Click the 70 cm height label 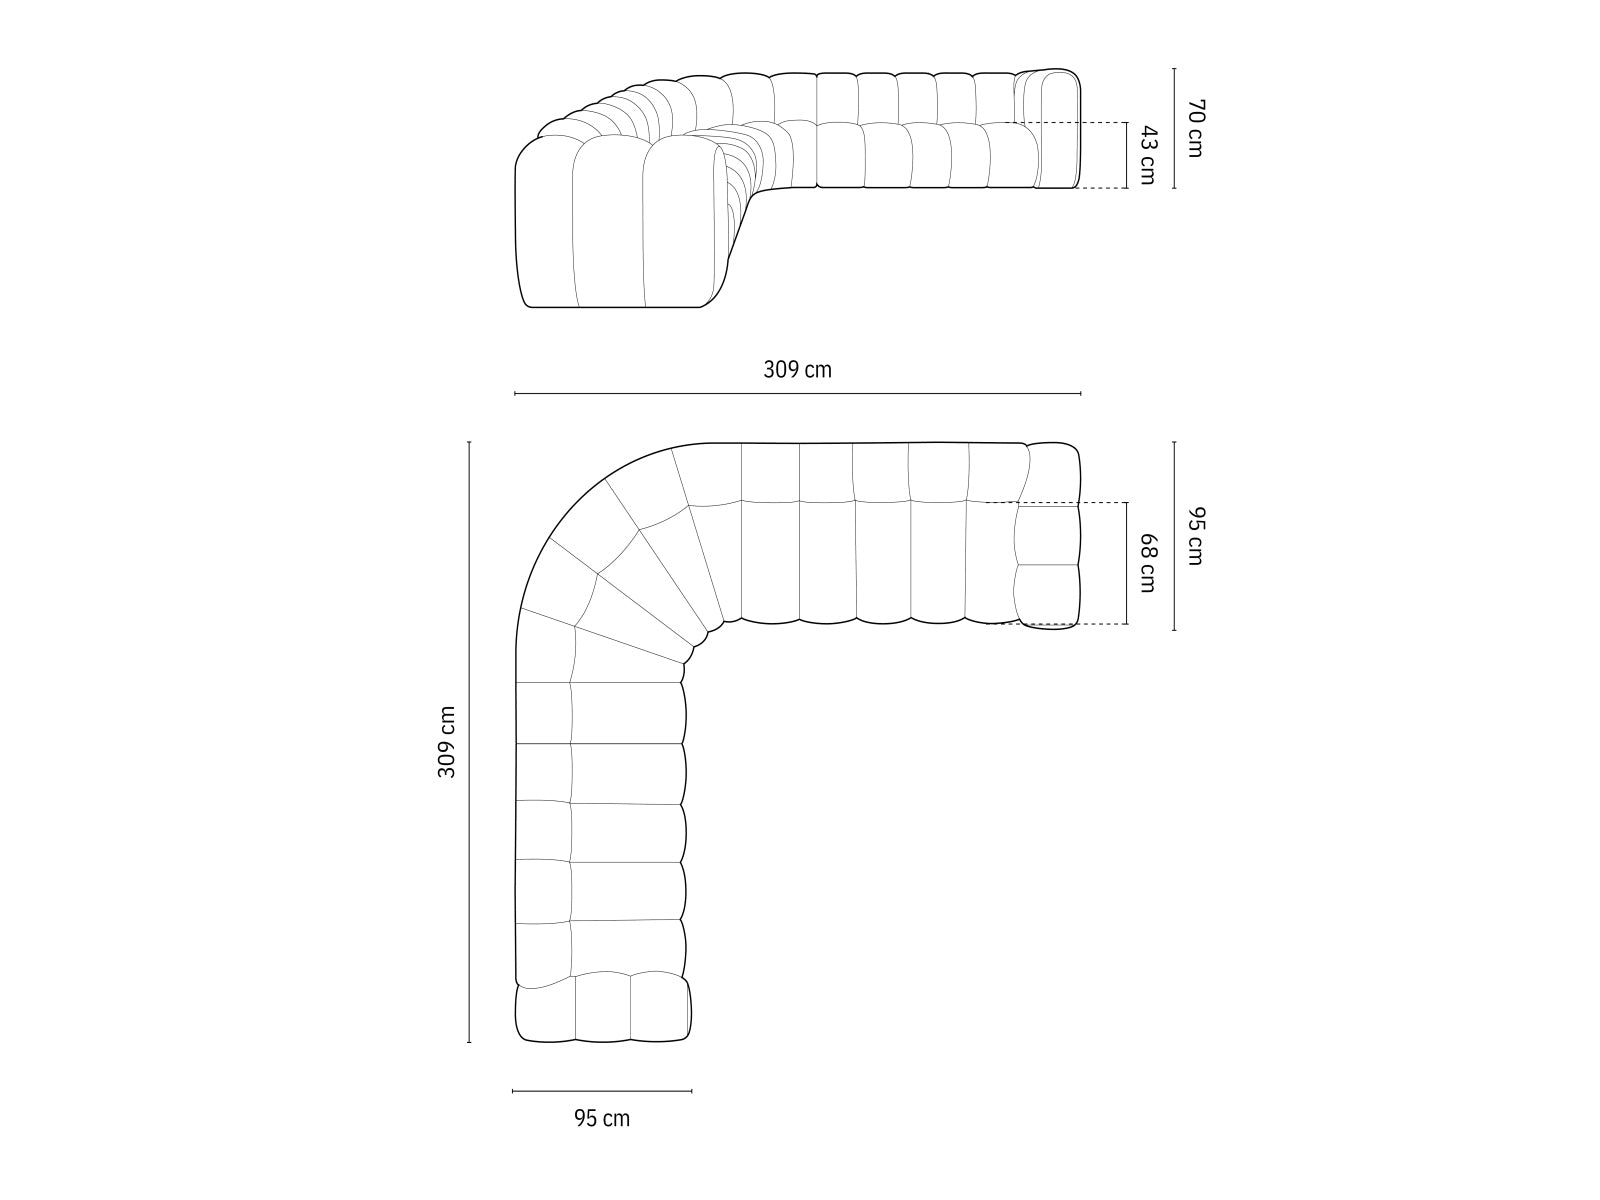(1194, 128)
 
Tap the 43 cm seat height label (1147, 155)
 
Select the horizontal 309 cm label (797, 370)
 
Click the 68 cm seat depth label (1147, 563)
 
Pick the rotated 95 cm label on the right (1194, 536)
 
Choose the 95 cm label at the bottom (602, 1118)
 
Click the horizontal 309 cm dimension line (797, 394)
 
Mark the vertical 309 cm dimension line (469, 742)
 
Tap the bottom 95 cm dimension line (602, 1091)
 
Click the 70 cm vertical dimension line (1174, 128)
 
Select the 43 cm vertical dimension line (1127, 155)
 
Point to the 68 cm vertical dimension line (1127, 563)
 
